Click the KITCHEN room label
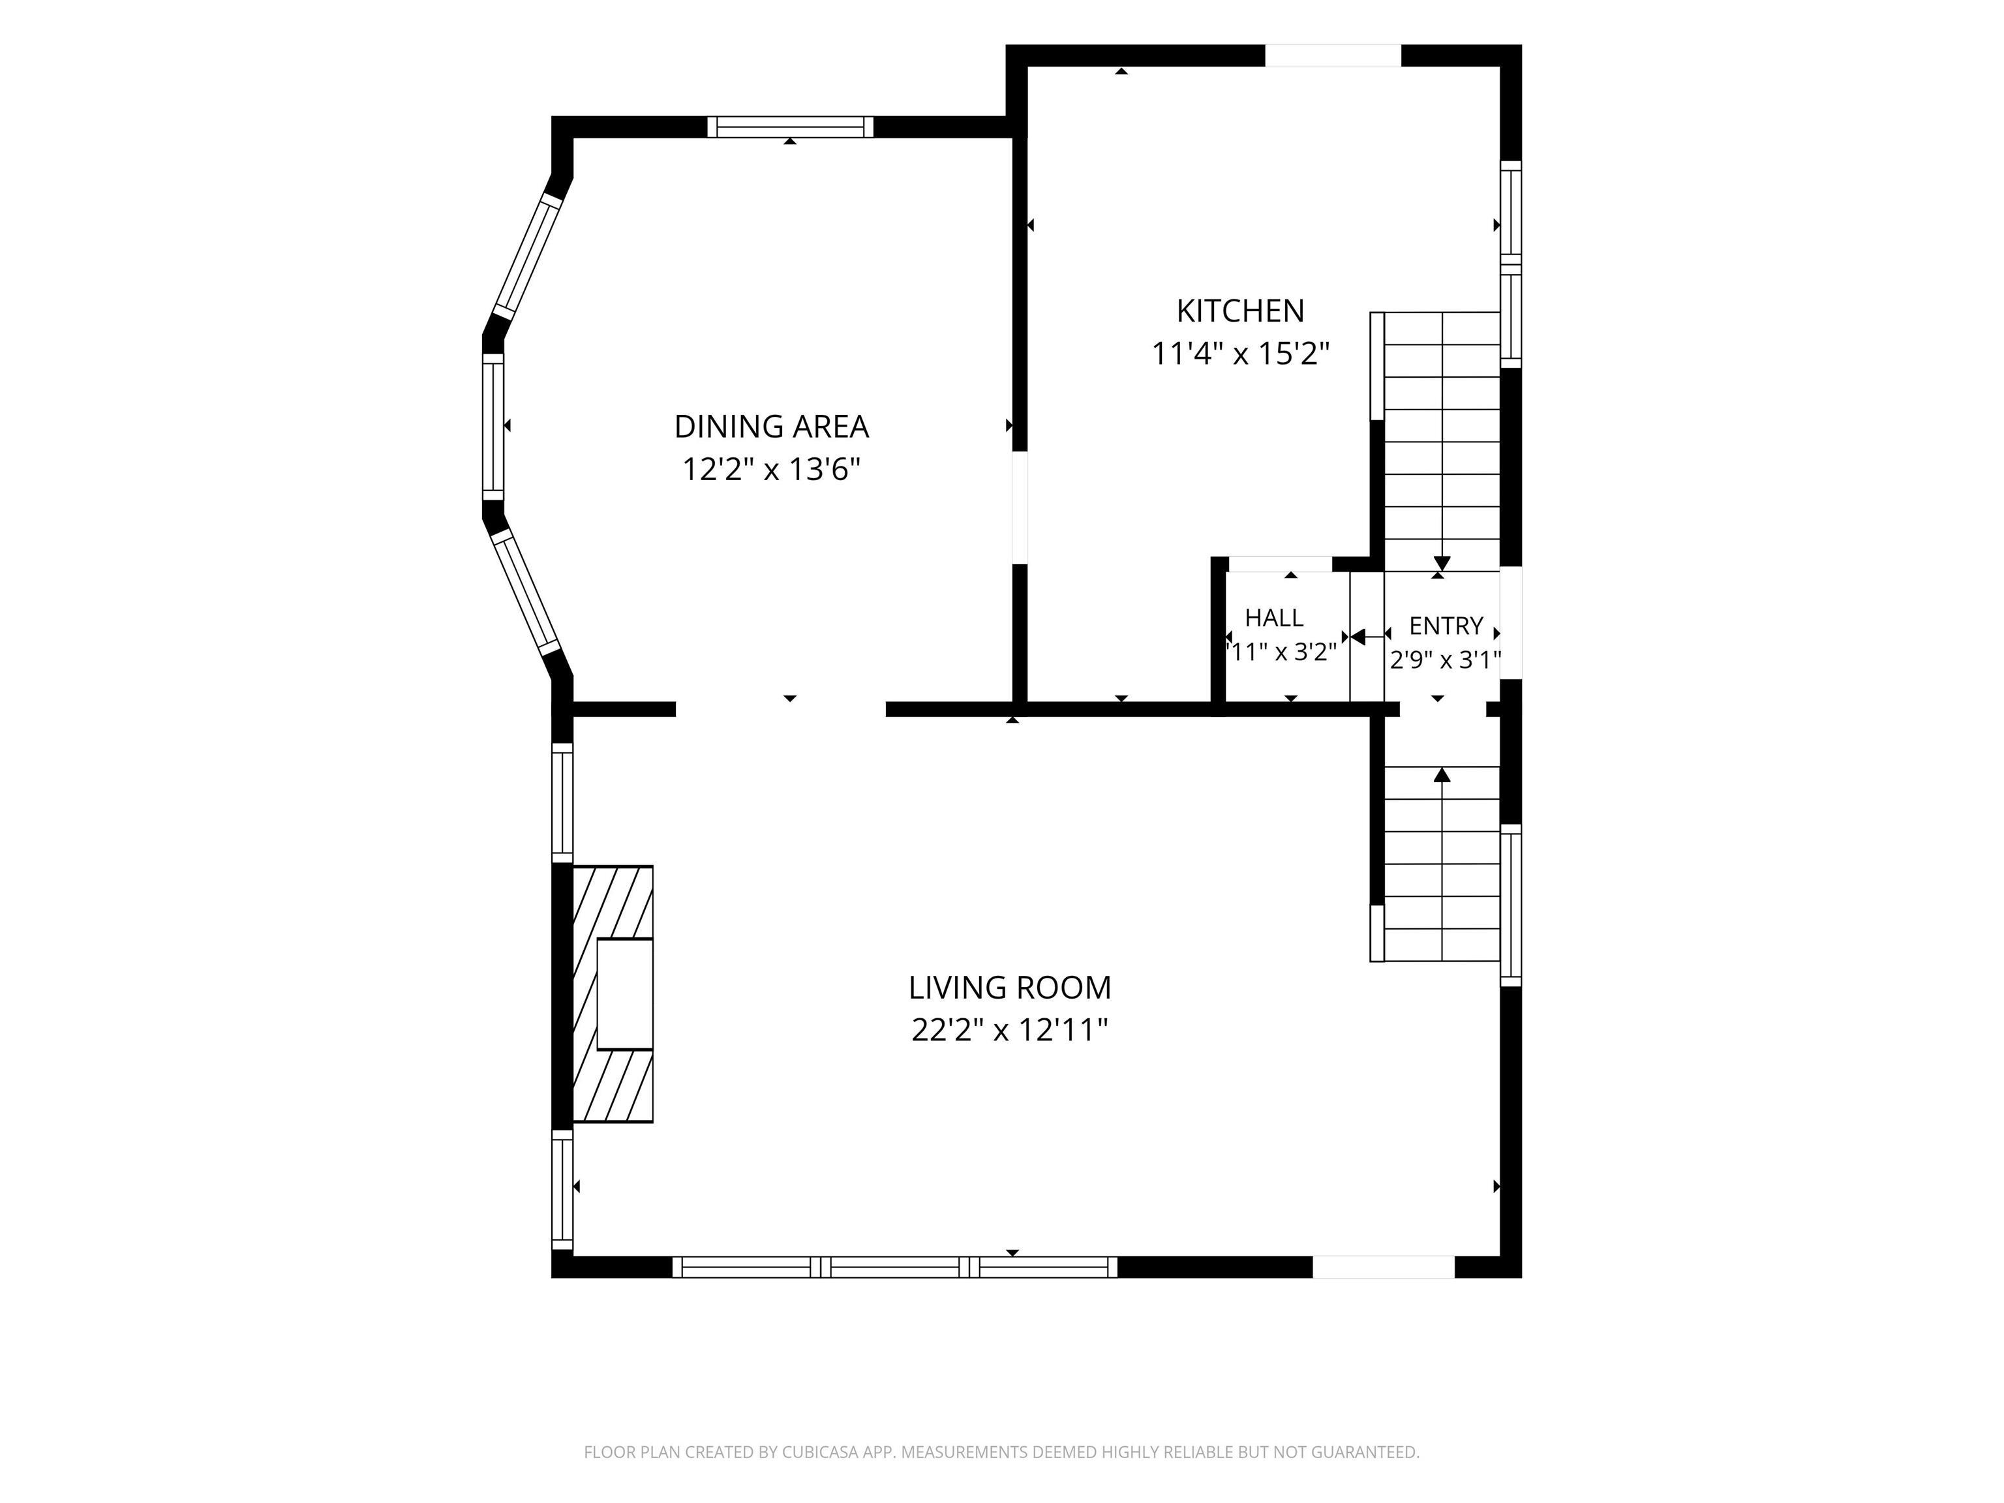pos(1239,311)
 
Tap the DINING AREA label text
pos(771,426)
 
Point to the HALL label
pos(1274,618)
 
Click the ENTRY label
pos(1446,626)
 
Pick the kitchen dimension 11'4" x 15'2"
pos(1240,354)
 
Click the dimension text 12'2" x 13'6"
pos(771,469)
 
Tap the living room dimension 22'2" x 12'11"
pos(1009,1030)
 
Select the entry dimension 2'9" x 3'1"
pos(1446,660)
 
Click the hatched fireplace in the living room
pos(613,994)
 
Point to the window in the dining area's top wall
pos(790,127)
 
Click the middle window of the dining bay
pos(493,426)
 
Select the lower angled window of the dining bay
pos(526,592)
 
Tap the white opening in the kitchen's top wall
pos(1333,55)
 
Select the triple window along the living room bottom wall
pos(895,1267)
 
